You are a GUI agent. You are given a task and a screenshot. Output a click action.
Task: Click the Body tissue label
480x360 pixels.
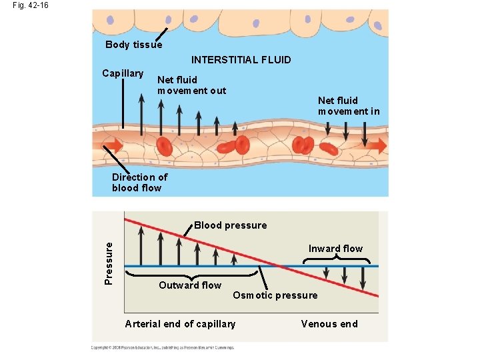[x=133, y=45]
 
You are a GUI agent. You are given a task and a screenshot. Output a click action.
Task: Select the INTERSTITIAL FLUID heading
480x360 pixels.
[x=241, y=60]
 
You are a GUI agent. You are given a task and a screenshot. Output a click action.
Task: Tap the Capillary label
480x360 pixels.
[x=122, y=73]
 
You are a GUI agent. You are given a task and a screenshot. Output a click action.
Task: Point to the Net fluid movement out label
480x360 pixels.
[x=191, y=85]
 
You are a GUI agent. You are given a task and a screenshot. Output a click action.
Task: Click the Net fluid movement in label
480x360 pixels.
[x=348, y=106]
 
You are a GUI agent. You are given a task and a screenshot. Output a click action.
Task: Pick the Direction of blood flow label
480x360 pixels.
[x=139, y=182]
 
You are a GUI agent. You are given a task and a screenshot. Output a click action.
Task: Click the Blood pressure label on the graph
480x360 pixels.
[x=230, y=225]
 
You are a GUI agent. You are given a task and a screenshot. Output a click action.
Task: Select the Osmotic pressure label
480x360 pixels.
[x=275, y=295]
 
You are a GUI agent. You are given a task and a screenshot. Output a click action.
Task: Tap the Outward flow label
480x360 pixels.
[x=189, y=285]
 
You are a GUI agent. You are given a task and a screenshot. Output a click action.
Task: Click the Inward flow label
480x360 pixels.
[x=335, y=249]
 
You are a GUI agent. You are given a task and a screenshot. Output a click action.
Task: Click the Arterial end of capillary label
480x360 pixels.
[x=180, y=324]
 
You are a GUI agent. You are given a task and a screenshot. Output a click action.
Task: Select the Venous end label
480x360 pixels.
[x=329, y=324]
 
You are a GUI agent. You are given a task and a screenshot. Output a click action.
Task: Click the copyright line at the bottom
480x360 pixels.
[x=163, y=347]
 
